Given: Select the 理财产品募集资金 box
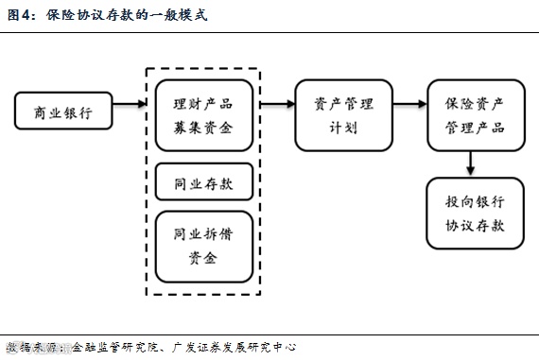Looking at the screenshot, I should click(x=204, y=114).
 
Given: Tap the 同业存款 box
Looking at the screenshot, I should click(x=204, y=180).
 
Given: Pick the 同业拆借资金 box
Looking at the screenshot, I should click(x=204, y=245).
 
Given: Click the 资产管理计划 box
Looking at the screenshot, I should click(x=343, y=114).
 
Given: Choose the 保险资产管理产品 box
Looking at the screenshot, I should click(x=475, y=114).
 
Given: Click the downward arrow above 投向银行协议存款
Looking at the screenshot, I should click(x=470, y=163).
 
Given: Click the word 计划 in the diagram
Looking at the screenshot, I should click(x=343, y=127).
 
